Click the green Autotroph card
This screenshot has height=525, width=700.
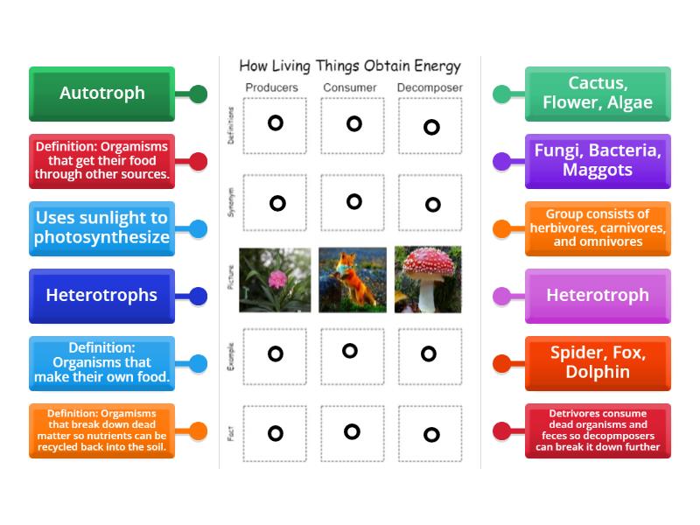(101, 94)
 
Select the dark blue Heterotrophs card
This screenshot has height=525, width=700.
(101, 296)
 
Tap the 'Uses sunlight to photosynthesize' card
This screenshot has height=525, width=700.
(101, 228)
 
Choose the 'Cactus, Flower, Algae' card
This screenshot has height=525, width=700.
(598, 94)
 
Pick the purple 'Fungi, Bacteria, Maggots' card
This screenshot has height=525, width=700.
(598, 161)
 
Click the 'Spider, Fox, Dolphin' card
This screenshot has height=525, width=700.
(598, 363)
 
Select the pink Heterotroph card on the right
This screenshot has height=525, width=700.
(598, 296)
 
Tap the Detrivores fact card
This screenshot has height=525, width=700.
(598, 430)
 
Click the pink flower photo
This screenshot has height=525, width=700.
(275, 280)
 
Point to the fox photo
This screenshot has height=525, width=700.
(353, 280)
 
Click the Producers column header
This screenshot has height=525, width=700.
(271, 87)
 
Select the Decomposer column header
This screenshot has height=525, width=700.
(430, 87)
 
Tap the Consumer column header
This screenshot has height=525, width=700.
(350, 87)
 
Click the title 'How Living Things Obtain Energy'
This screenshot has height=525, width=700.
(350, 66)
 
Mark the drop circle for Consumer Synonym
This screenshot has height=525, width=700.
(353, 202)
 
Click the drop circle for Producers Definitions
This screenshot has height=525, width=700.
(276, 123)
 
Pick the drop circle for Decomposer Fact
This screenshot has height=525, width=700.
(431, 434)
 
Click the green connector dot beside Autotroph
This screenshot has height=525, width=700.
(198, 94)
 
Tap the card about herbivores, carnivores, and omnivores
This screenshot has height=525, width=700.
(598, 228)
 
